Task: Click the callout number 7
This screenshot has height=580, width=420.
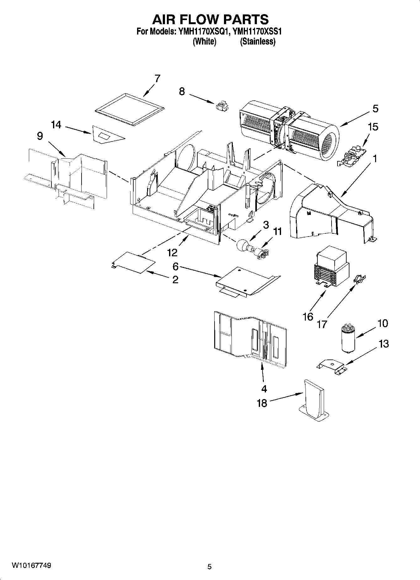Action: click(157, 78)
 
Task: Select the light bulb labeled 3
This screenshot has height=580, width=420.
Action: click(243, 245)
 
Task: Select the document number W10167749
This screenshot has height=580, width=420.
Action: click(31, 565)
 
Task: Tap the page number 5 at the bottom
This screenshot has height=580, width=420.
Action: click(210, 567)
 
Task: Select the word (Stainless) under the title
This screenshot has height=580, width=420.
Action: click(258, 41)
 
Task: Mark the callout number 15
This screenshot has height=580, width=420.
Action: click(373, 127)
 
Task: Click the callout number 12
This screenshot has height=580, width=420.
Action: click(172, 252)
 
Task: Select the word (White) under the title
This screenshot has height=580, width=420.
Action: click(204, 41)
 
